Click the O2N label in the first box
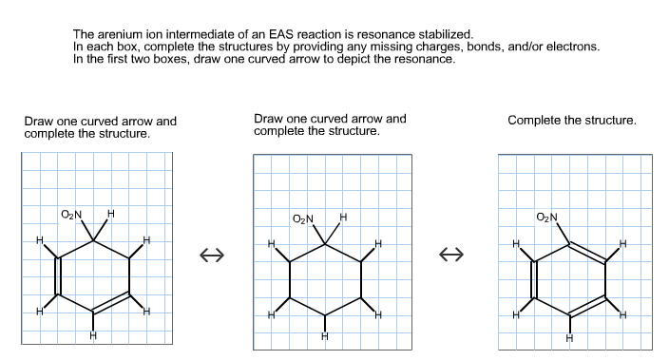click(71, 214)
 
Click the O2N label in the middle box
click(303, 219)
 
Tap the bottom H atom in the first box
click(92, 334)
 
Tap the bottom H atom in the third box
click(569, 338)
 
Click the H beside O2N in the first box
click(111, 213)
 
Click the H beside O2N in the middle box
click(343, 218)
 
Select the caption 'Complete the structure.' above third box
click(572, 121)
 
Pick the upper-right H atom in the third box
click(622, 245)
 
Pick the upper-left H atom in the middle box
click(271, 244)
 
